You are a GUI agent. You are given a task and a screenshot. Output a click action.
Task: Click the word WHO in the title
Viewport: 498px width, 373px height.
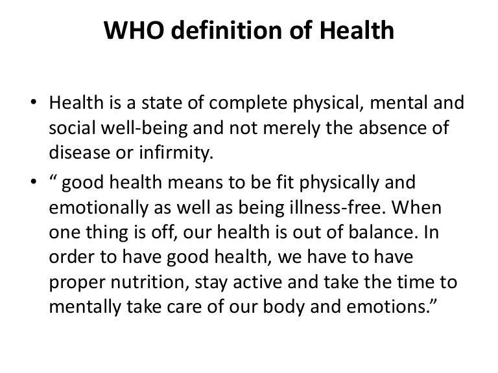(x=134, y=30)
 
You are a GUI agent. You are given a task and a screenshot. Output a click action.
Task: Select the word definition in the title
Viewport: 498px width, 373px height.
(x=227, y=30)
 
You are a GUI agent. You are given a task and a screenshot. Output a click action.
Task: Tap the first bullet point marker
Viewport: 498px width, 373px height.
(x=33, y=102)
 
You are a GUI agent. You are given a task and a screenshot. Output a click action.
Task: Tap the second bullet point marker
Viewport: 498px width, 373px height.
(x=33, y=182)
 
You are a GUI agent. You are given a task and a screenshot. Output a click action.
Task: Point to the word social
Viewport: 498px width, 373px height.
(x=72, y=128)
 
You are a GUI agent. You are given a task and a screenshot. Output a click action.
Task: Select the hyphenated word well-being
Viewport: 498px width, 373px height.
(x=145, y=128)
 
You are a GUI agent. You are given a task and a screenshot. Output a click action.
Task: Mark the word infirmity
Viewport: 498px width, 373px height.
(x=176, y=153)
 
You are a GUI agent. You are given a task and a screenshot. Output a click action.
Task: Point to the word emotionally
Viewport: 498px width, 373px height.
(x=99, y=209)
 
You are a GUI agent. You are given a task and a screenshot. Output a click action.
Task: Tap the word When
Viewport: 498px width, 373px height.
(x=416, y=207)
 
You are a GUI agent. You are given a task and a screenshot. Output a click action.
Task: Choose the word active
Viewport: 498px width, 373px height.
(x=257, y=282)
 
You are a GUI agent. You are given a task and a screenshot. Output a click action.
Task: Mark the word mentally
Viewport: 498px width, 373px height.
(x=85, y=308)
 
